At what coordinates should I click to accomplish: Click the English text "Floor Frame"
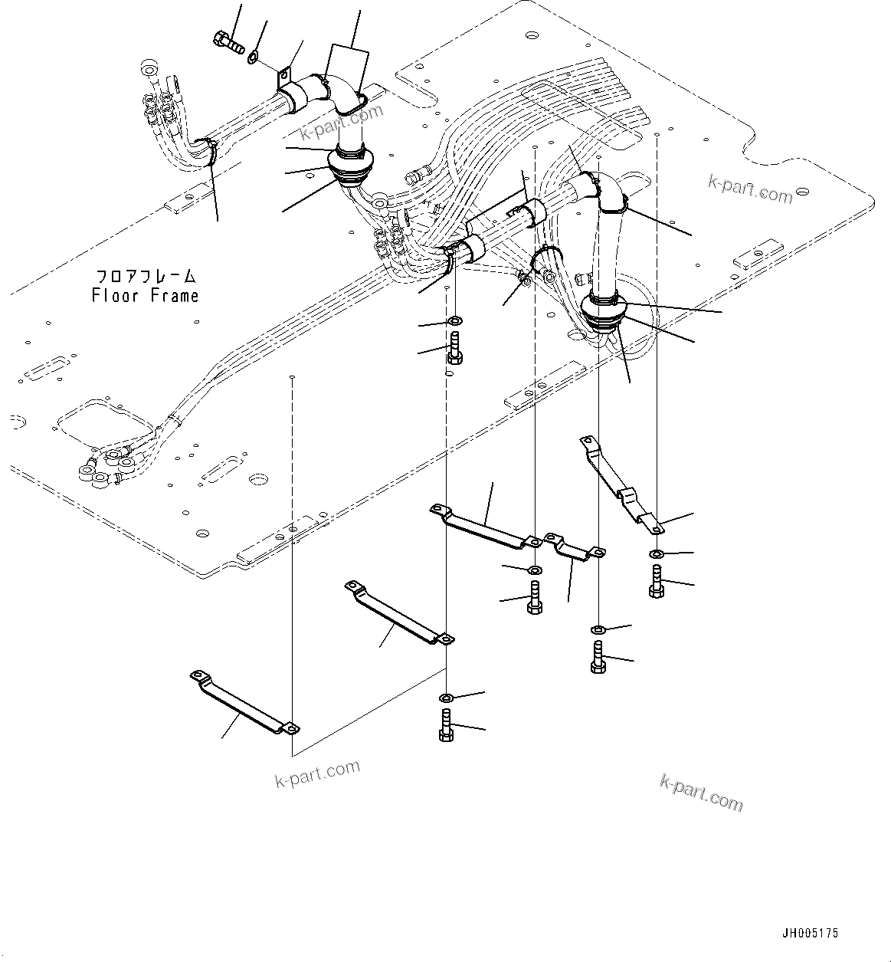pyautogui.click(x=145, y=296)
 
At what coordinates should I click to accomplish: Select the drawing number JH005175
pyautogui.click(x=810, y=933)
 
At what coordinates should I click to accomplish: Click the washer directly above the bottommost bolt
pyautogui.click(x=447, y=697)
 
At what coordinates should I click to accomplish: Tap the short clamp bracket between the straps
pyautogui.click(x=574, y=547)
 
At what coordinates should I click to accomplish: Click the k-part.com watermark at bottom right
pyautogui.click(x=701, y=791)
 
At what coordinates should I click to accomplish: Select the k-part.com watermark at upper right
pyautogui.click(x=750, y=189)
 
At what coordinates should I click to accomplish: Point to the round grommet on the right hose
pyautogui.click(x=604, y=310)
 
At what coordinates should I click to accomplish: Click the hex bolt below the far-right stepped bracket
pyautogui.click(x=656, y=580)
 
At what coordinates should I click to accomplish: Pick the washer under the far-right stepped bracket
pyautogui.click(x=657, y=553)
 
